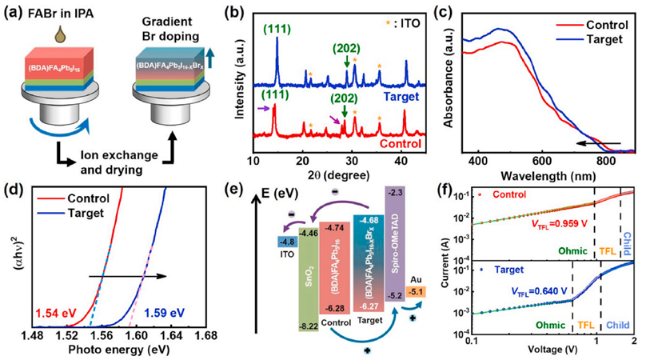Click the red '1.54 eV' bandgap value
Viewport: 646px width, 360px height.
point(54,309)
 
